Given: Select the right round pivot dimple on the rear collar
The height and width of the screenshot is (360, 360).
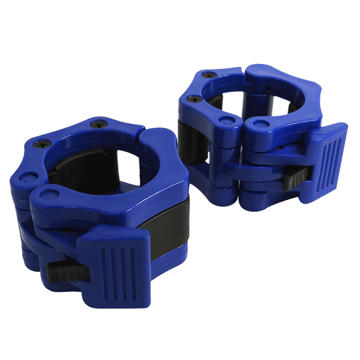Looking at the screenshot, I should (260, 122).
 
